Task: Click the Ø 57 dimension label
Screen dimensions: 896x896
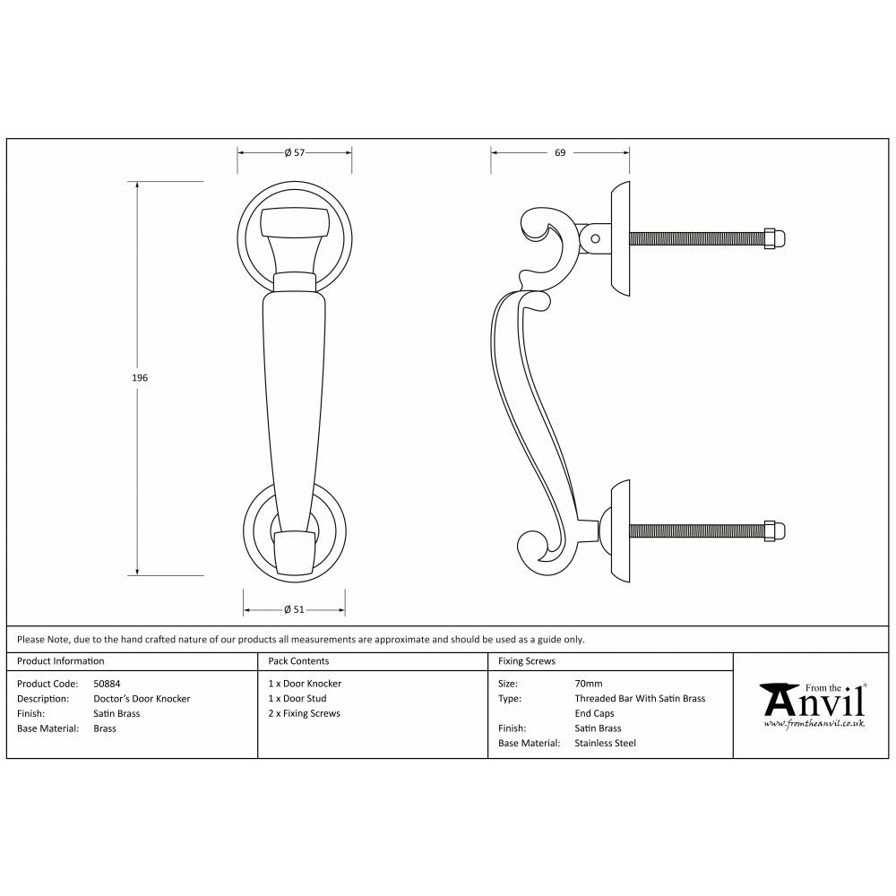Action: [295, 153]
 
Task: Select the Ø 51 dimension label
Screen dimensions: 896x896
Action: [295, 610]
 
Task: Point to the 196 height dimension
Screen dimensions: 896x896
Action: [140, 378]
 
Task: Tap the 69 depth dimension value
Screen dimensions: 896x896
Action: [560, 153]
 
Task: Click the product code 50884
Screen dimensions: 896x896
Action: [108, 684]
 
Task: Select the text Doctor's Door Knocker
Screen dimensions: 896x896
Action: [142, 699]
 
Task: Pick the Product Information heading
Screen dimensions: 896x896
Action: [61, 661]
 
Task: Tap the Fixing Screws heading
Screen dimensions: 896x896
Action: [527, 661]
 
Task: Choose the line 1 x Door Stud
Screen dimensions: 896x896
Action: [297, 699]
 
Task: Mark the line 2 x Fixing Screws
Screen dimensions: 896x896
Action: [305, 714]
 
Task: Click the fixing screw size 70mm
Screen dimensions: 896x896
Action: [589, 684]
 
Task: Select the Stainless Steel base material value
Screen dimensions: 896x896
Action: [605, 744]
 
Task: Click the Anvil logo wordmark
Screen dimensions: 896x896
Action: [814, 700]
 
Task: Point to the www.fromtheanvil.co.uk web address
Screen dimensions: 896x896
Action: [814, 722]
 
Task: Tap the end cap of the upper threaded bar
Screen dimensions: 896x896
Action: [776, 238]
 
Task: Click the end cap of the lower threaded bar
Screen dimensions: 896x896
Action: [776, 531]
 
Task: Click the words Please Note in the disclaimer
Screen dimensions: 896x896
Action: [41, 640]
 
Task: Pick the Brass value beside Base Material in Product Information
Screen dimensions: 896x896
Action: [105, 729]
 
